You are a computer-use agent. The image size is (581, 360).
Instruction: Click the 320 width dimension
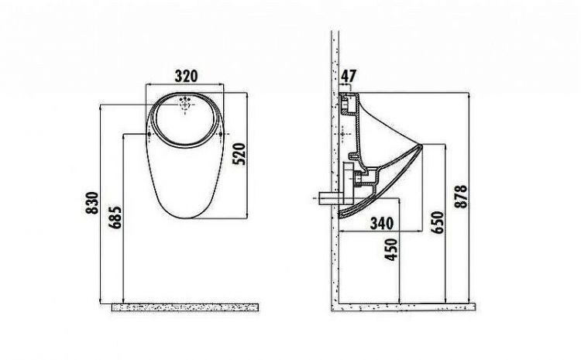coord(185,76)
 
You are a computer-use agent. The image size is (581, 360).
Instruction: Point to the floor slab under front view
coord(185,307)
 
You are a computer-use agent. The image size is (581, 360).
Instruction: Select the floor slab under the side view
coord(403,307)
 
